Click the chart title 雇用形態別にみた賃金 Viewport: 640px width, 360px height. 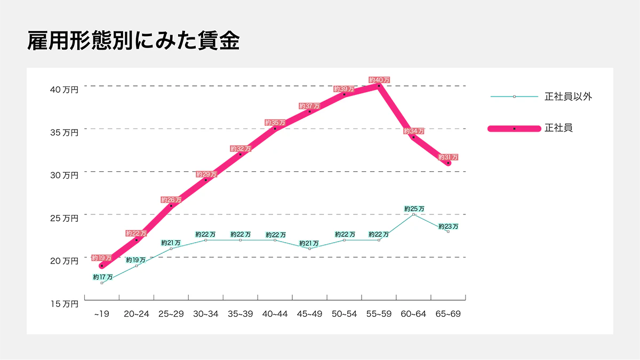(133, 41)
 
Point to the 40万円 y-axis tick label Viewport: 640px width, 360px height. (64, 90)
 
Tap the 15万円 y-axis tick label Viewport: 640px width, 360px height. (64, 304)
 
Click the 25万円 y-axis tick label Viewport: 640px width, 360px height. (64, 218)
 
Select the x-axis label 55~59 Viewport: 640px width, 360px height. (379, 314)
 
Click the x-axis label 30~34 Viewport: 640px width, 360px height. (205, 314)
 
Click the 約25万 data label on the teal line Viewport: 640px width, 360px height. (414, 209)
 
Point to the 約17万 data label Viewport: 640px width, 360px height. (102, 277)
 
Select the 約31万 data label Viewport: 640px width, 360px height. (448, 157)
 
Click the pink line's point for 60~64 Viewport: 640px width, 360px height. (413, 137)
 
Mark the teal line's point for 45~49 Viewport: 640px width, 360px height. (309, 249)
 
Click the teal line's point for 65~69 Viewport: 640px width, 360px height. (448, 231)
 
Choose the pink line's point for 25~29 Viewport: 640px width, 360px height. (171, 206)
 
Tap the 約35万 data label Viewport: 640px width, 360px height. (275, 123)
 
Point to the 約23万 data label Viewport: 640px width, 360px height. (449, 226)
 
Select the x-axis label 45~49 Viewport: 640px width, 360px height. (309, 314)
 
